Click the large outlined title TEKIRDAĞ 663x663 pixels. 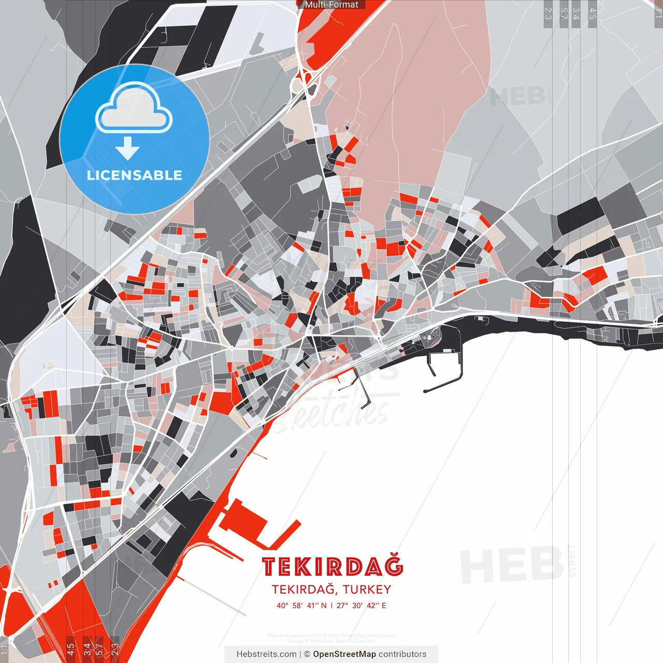pyautogui.click(x=332, y=567)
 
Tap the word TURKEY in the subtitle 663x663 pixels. pyautogui.click(x=367, y=589)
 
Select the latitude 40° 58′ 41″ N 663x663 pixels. pyautogui.click(x=301, y=606)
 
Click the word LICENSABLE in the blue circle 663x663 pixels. pyautogui.click(x=135, y=175)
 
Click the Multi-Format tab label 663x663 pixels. pyautogui.click(x=331, y=5)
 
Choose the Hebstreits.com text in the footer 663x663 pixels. pyautogui.click(x=266, y=654)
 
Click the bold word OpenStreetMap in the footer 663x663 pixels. pyautogui.click(x=344, y=654)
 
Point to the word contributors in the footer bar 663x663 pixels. pyautogui.click(x=402, y=654)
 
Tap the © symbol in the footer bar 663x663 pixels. pyautogui.click(x=307, y=654)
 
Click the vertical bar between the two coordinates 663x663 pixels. pyautogui.click(x=331, y=606)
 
